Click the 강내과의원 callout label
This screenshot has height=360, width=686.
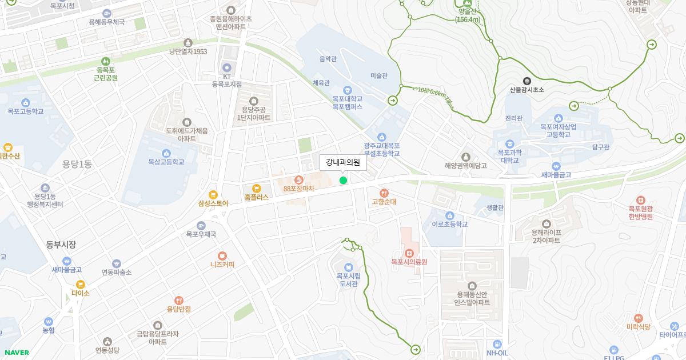click(x=343, y=162)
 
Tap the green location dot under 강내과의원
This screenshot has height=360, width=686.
click(x=343, y=181)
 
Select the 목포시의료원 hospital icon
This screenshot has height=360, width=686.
click(x=409, y=253)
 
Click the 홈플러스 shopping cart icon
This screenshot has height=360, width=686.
click(x=256, y=188)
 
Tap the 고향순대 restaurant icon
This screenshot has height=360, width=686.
click(x=384, y=193)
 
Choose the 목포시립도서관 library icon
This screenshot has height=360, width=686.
click(x=348, y=267)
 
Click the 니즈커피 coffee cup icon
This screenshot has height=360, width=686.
click(x=222, y=256)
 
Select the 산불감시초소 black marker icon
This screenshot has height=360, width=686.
click(x=527, y=81)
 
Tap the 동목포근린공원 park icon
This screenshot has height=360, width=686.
click(x=105, y=61)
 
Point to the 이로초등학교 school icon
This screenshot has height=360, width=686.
click(x=450, y=215)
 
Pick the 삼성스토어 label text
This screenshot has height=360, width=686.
click(x=213, y=203)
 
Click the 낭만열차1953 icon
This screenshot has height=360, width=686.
click(x=188, y=43)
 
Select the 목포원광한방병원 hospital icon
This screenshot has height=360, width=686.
click(x=640, y=200)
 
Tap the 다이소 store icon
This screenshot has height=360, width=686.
click(x=81, y=284)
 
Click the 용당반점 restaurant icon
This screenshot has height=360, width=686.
click(x=178, y=300)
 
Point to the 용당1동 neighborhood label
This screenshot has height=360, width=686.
click(x=77, y=165)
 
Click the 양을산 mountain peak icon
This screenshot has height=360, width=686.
click(x=468, y=3)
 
